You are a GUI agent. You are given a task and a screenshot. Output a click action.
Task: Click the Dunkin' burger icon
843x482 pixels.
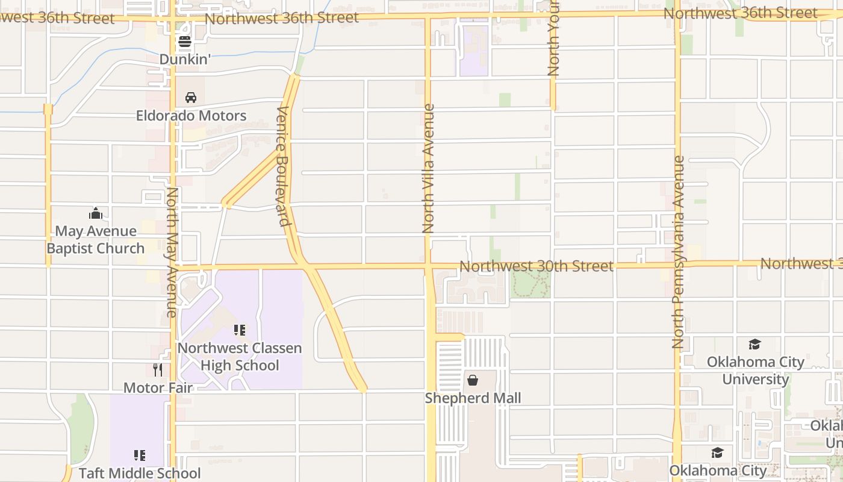(184, 42)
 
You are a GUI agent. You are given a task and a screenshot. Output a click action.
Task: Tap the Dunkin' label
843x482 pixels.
(184, 59)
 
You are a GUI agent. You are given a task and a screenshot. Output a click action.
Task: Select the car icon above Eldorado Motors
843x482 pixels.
(191, 97)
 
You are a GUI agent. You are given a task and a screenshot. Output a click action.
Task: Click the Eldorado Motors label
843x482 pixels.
(191, 116)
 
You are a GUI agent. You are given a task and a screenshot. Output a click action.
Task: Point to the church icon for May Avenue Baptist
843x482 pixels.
(96, 213)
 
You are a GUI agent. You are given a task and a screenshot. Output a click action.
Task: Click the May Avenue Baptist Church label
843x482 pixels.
(96, 240)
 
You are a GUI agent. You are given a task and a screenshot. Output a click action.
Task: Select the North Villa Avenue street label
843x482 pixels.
(428, 169)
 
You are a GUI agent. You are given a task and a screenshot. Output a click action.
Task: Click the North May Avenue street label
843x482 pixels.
(172, 252)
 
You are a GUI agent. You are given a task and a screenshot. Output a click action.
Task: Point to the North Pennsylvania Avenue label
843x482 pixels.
(679, 252)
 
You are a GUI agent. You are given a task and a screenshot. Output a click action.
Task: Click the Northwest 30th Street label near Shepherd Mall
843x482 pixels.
(537, 266)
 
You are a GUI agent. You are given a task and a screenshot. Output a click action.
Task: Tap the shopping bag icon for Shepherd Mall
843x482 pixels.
(473, 380)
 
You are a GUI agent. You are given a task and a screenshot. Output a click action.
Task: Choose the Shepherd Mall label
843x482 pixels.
(473, 398)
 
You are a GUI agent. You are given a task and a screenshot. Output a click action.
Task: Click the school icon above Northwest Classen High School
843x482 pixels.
(240, 330)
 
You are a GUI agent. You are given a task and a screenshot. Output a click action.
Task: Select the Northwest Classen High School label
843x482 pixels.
(240, 357)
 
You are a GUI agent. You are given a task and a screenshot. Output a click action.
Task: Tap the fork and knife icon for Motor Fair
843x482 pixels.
(158, 369)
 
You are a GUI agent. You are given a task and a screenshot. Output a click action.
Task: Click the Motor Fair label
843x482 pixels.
(158, 387)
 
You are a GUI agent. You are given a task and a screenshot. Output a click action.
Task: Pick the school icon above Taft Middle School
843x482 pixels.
(140, 455)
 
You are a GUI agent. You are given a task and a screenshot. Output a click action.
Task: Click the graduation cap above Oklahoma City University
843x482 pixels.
(754, 344)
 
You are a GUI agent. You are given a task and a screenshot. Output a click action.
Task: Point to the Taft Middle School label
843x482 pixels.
(140, 474)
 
